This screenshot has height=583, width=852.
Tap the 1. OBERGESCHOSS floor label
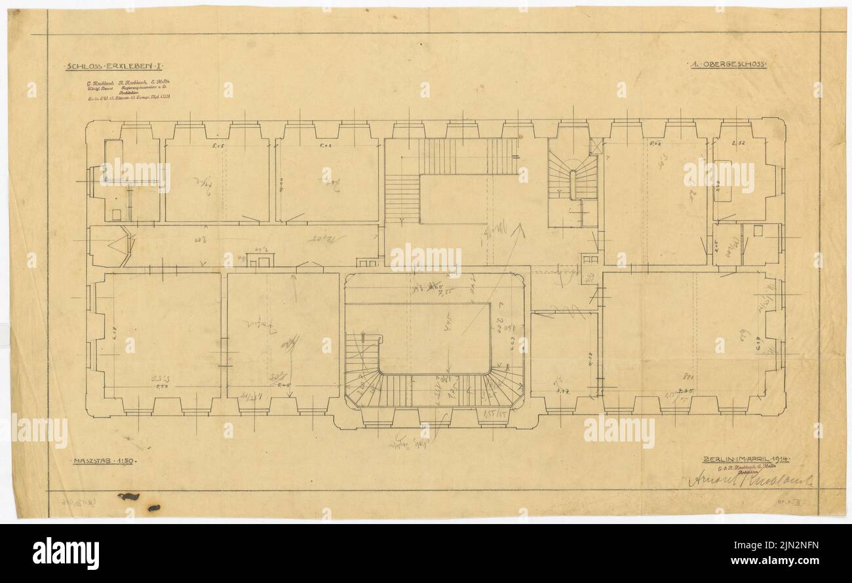coord(727,65)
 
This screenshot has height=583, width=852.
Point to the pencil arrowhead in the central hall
coord(521,229)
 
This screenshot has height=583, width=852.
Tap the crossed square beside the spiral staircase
coord(595,146)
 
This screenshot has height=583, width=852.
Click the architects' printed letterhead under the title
coord(128,92)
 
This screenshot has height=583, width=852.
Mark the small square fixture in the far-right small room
coord(758,230)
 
